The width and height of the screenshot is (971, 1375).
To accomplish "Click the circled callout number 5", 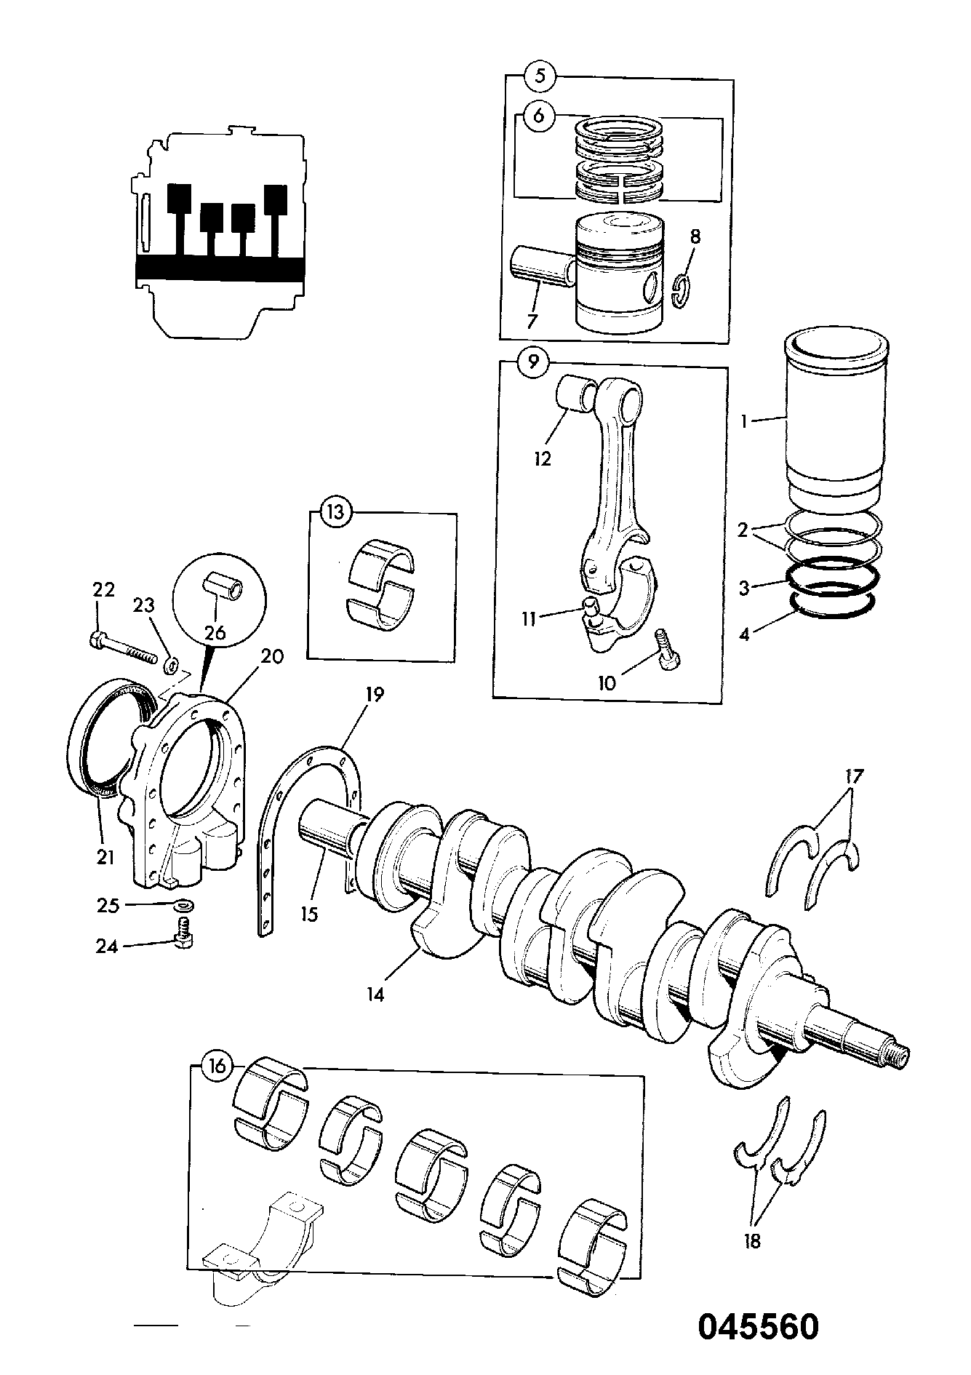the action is point(540,76).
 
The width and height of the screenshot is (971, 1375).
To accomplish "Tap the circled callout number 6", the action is point(538,116).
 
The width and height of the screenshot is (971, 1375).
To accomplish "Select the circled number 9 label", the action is point(533,362).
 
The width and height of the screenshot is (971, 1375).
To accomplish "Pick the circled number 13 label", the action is point(335,512).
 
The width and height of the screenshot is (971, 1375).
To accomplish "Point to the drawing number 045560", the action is point(759,1326).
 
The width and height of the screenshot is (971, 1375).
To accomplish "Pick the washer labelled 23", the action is point(172,663).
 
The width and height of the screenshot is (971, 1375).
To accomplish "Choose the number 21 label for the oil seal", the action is point(105,858).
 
